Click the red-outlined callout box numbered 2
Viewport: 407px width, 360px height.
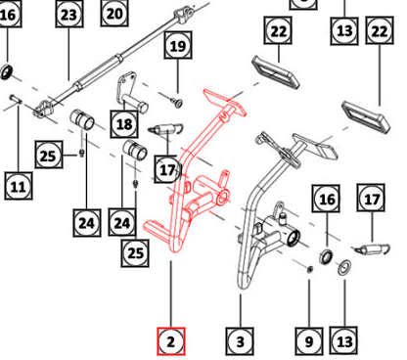point(171,341)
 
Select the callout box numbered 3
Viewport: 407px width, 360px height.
point(240,341)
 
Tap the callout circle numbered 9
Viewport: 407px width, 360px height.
point(308,341)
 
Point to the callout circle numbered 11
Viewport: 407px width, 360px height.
point(18,184)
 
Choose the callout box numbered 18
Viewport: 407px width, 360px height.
point(124,124)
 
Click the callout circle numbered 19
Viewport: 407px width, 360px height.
point(177,45)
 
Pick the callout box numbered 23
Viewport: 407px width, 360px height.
point(68,15)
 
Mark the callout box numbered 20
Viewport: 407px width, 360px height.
point(115,13)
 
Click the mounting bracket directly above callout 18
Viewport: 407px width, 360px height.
point(131,91)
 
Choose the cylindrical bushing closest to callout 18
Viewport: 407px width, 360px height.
point(136,154)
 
